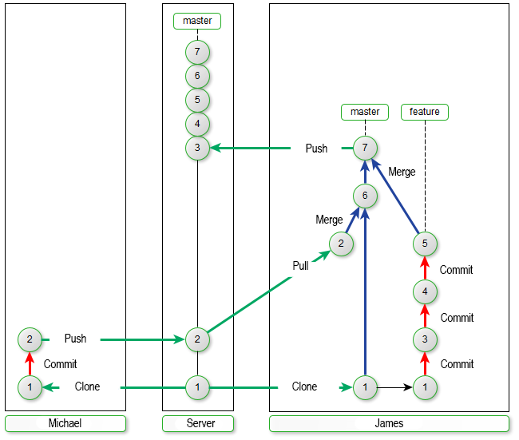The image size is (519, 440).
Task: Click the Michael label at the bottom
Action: point(65,423)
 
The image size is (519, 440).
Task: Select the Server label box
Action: point(198,423)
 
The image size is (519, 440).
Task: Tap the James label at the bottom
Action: point(389,423)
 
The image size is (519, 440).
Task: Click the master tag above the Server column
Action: point(197,21)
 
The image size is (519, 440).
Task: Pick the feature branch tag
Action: point(425,112)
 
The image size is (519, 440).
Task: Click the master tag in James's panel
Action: point(365,112)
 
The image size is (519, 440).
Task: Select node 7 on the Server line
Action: point(197,53)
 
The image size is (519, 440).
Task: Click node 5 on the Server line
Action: point(197,100)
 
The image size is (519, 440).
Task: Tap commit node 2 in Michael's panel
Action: point(30,339)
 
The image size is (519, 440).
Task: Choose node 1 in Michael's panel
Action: point(30,387)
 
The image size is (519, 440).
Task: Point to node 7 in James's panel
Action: point(365,148)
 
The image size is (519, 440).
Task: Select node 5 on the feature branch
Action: point(425,244)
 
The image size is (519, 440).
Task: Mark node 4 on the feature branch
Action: point(425,291)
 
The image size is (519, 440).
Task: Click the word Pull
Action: point(300,266)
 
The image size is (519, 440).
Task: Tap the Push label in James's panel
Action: point(316,149)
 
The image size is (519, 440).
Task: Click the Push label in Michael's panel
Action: point(75,339)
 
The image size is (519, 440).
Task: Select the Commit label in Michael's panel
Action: point(60,364)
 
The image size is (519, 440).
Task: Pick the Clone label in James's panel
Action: point(304,387)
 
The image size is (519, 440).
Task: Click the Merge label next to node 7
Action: point(402,172)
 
